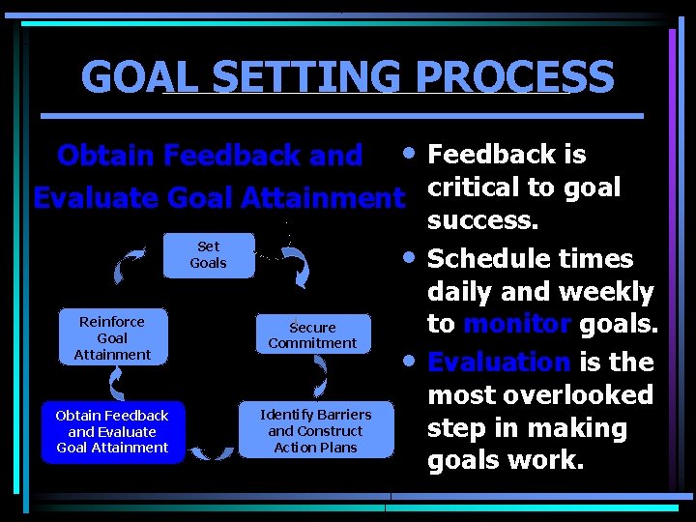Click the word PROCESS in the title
(526, 76)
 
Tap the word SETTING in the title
(311, 76)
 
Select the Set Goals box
(208, 255)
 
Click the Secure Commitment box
(312, 334)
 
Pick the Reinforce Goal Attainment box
(112, 337)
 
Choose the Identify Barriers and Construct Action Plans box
(315, 430)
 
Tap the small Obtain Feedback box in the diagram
(112, 431)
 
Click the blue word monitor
(516, 325)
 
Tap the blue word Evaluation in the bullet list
(499, 362)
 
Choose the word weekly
(607, 292)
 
